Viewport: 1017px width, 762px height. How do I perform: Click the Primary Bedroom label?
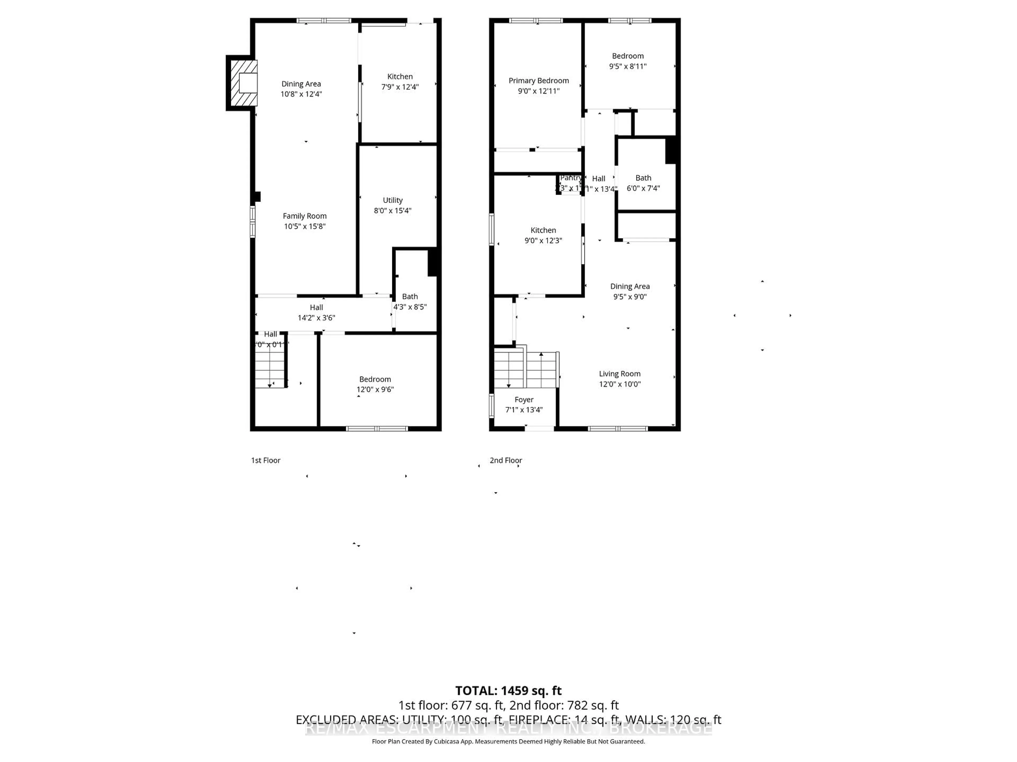[x=538, y=81]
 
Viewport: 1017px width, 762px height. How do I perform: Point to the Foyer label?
[x=524, y=400]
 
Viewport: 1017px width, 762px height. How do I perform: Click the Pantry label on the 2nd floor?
[x=570, y=178]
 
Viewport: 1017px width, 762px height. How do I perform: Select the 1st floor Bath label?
[x=410, y=297]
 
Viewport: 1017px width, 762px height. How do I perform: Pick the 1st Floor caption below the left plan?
[x=265, y=460]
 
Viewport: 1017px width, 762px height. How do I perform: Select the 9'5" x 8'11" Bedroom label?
[x=628, y=61]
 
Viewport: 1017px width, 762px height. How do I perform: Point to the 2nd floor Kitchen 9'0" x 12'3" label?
[x=543, y=235]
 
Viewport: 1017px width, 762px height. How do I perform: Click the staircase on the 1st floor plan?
[x=270, y=368]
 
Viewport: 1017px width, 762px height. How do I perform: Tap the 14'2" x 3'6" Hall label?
[x=316, y=312]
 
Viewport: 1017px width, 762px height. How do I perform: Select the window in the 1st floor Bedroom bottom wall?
[x=377, y=429]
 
